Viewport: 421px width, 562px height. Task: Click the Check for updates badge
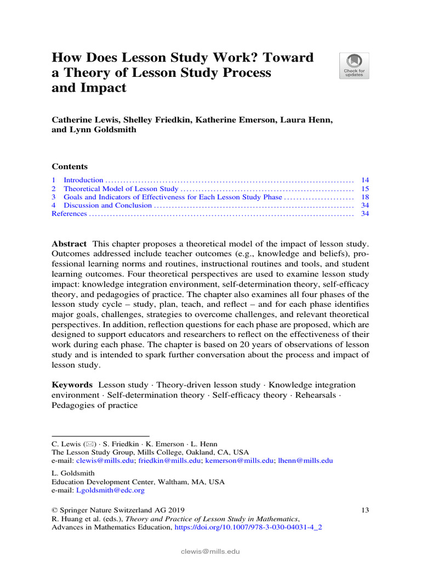(354, 66)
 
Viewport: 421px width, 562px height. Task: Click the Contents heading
(70, 167)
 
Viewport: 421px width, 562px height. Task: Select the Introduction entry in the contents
(83, 180)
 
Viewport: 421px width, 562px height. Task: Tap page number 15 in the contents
(365, 189)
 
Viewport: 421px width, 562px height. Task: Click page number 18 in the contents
(365, 197)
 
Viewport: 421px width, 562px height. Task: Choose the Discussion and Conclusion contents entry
(107, 205)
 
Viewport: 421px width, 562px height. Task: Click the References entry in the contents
(69, 213)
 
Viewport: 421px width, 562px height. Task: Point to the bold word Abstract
(69, 244)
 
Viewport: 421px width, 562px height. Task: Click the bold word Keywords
(72, 385)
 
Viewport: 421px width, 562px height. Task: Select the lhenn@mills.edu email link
(305, 461)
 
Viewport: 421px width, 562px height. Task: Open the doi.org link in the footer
(248, 527)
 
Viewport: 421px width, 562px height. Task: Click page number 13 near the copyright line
(365, 510)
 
